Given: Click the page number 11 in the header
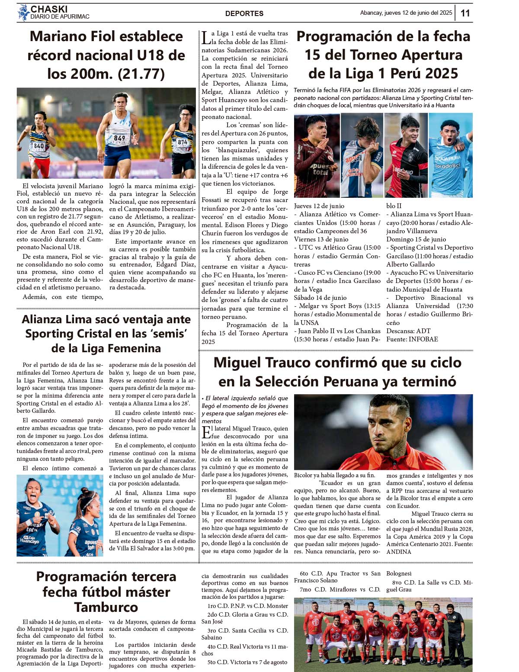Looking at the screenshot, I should tap(465, 13).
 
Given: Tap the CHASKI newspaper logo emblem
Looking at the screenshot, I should tap(23, 13).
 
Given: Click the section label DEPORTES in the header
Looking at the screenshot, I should tap(244, 13).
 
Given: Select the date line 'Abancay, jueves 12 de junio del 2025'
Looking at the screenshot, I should tap(406, 13).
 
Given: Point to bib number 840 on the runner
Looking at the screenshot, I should tap(39, 146).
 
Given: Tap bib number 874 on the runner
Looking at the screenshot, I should tap(183, 142).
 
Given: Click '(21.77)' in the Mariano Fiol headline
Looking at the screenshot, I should tap(141, 74).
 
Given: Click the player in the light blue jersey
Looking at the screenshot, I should tap(450, 156).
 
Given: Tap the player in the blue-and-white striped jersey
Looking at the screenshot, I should tap(362, 156).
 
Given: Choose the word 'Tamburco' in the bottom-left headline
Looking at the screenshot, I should tap(106, 607).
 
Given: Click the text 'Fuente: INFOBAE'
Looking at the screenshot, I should tap(412, 339).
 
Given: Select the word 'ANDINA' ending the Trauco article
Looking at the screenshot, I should tap(399, 552).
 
